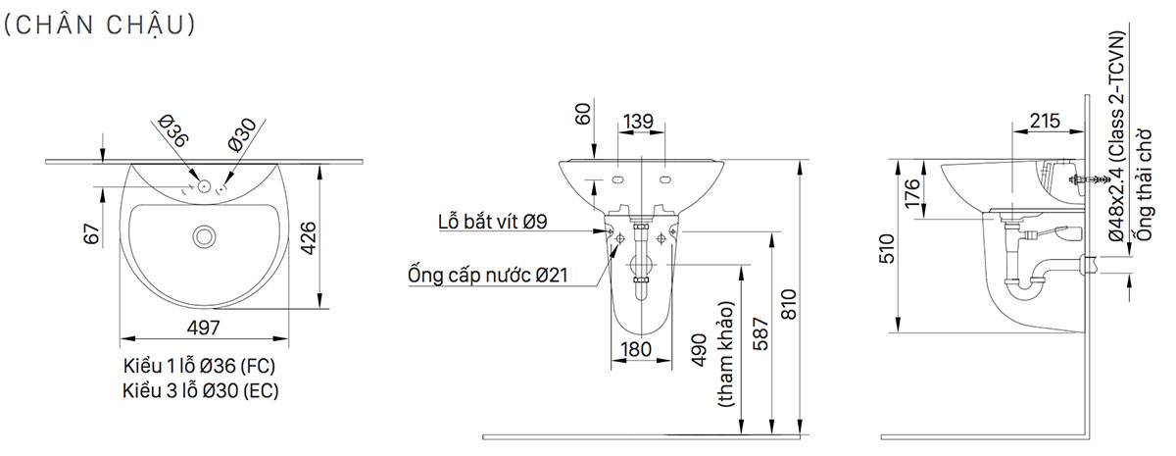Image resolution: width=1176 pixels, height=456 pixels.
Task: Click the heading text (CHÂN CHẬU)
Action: (x=101, y=25)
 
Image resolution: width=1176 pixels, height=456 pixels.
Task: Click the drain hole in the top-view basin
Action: (x=205, y=235)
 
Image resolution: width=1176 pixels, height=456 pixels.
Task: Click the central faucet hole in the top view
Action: (x=203, y=184)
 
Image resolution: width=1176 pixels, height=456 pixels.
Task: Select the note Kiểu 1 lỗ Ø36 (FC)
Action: (x=199, y=366)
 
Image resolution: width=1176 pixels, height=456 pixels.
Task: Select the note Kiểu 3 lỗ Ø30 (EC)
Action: (x=199, y=390)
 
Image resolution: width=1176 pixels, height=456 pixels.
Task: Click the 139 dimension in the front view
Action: (x=640, y=121)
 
